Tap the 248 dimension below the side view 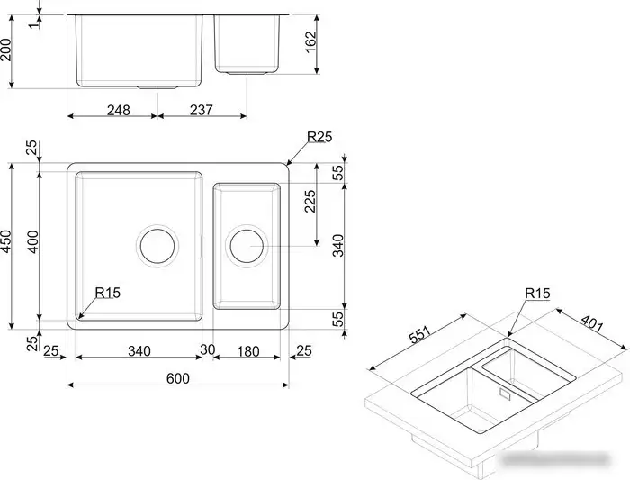pos(118,110)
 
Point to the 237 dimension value pos(200,110)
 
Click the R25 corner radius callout pos(319,138)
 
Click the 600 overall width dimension pos(178,379)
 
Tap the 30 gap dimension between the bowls pos(208,349)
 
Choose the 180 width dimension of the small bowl pos(248,349)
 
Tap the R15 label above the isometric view pos(537,294)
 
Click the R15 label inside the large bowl pos(108,293)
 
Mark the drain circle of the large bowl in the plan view pos(156,245)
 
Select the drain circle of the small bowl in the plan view pos(246,245)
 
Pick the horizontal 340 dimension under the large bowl pos(138,349)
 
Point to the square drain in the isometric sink pos(502,394)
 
